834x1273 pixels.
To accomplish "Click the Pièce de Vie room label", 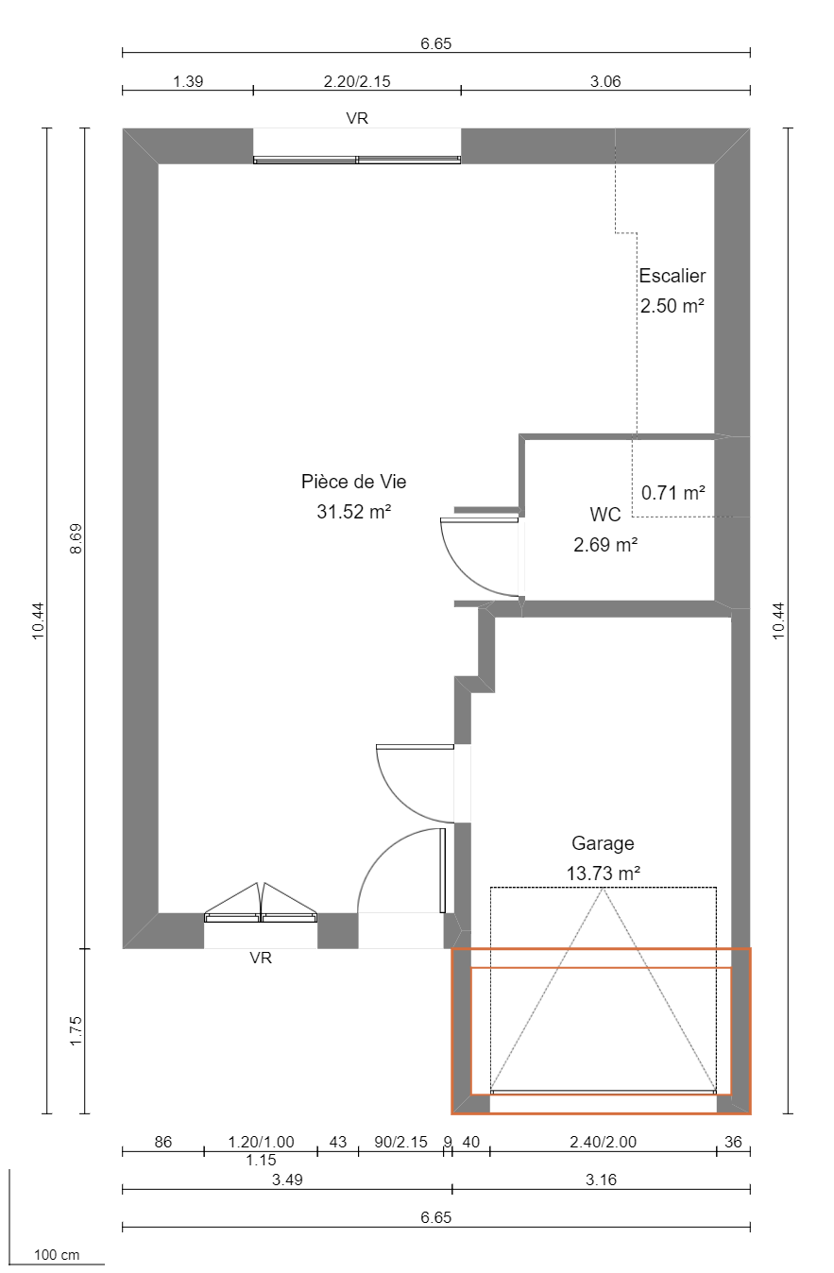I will pyautogui.click(x=353, y=482).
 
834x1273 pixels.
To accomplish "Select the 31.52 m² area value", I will pyautogui.click(x=353, y=512).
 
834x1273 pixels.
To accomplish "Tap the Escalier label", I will pyautogui.click(x=672, y=276).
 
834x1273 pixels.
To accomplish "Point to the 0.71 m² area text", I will pyautogui.click(x=672, y=492).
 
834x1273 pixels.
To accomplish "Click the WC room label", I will pyautogui.click(x=604, y=515).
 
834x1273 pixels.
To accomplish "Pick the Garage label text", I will pyautogui.click(x=603, y=843).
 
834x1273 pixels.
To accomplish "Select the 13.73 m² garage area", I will pyautogui.click(x=603, y=874).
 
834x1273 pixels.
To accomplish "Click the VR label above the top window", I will pyautogui.click(x=357, y=118).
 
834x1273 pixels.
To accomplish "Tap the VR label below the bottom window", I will pyautogui.click(x=261, y=958).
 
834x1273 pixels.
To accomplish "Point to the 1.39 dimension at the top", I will pyautogui.click(x=188, y=81).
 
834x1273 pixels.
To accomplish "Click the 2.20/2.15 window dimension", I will pyautogui.click(x=357, y=81).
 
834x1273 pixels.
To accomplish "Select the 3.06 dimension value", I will pyautogui.click(x=605, y=81).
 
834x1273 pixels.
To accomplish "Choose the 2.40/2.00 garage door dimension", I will pyautogui.click(x=603, y=1142).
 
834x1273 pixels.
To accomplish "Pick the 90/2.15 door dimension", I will pyautogui.click(x=400, y=1142).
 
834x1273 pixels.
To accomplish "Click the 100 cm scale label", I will pyautogui.click(x=57, y=1255).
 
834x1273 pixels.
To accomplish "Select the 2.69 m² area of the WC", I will pyautogui.click(x=604, y=544).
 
